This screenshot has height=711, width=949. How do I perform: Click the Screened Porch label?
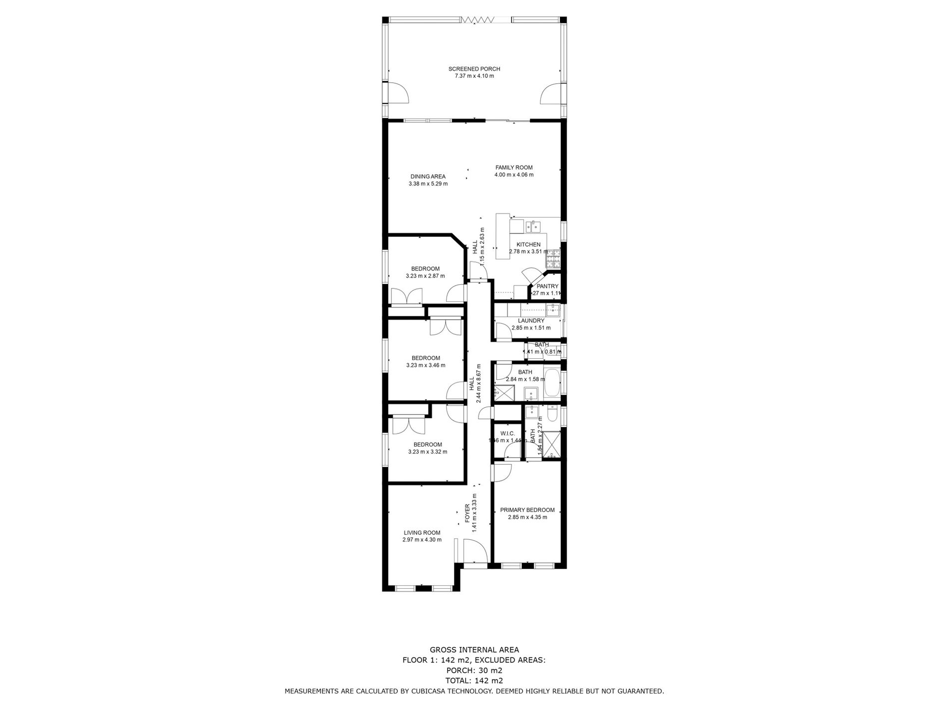point(474,69)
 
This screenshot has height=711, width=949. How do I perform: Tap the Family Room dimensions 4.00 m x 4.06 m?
point(513,175)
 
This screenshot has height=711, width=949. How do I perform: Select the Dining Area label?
point(428,176)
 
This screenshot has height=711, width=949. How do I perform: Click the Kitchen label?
point(528,244)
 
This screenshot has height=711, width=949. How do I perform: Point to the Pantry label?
point(547,286)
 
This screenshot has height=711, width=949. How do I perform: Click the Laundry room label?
point(530,321)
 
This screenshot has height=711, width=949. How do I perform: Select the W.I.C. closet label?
point(507,434)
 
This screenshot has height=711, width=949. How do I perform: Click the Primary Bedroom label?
point(527,510)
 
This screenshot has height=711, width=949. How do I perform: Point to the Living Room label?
point(422,533)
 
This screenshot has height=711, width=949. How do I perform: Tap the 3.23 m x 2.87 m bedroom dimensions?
point(425,276)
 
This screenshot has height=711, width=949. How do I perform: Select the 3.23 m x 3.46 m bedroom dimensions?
point(425,365)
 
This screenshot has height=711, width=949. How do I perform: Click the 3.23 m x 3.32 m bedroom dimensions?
point(427,452)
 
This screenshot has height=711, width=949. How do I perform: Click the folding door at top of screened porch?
point(477,19)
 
